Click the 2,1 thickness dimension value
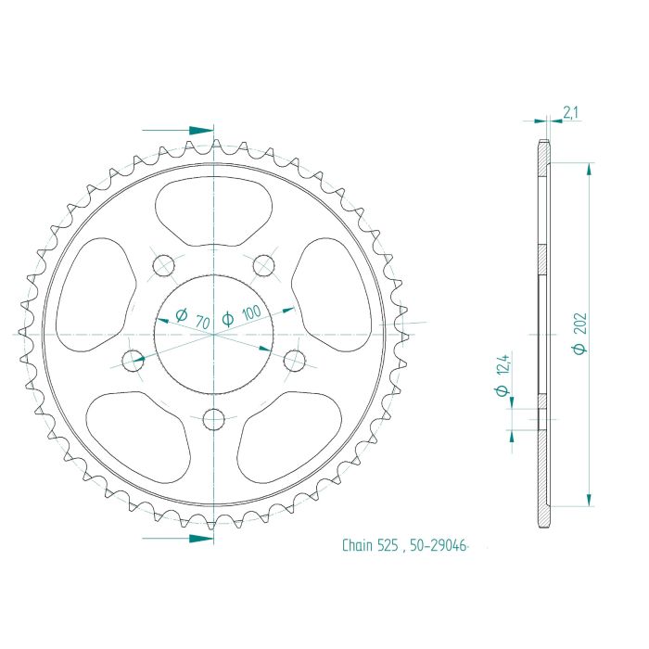571,113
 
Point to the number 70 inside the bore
202,321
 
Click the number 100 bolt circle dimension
249,313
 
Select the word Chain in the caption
355,546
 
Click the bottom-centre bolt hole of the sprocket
214,418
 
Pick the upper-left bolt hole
163,264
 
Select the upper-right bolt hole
265,264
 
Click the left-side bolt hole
134,357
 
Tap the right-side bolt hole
295,357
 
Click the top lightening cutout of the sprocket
214,210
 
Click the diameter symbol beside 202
579,349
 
